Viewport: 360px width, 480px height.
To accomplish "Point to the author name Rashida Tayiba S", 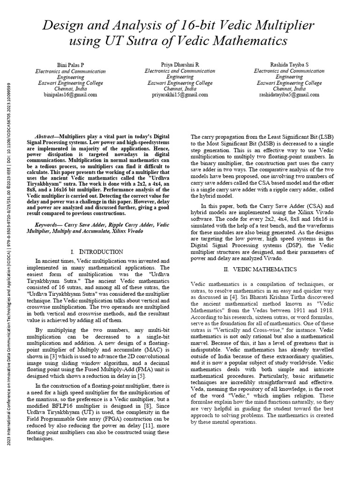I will pos(289,64).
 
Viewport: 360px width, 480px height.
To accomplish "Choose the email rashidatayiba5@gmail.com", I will pos(289,94).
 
